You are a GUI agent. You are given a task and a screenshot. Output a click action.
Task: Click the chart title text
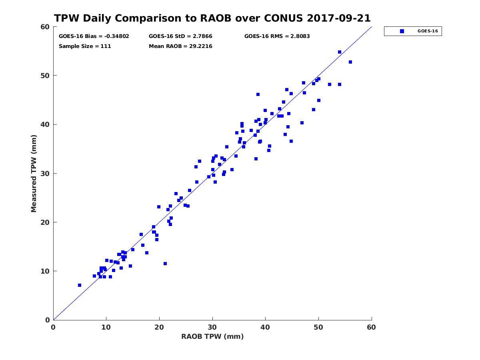pos(212,18)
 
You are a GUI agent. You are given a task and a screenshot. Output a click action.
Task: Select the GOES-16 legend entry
pos(413,31)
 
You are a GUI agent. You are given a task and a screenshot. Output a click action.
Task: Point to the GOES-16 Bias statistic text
pos(94,36)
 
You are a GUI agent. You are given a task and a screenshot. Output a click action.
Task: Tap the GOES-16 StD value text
pos(180,36)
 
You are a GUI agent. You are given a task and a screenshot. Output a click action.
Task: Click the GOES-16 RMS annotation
pos(277,36)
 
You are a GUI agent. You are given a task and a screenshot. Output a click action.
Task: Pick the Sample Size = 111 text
pos(85,46)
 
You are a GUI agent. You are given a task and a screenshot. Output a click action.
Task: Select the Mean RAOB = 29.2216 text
pos(180,46)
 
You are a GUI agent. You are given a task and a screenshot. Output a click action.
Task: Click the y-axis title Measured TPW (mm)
pos(34,173)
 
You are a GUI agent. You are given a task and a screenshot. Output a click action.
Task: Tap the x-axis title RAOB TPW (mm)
pos(212,336)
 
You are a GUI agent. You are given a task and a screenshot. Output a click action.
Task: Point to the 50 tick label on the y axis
pos(46,76)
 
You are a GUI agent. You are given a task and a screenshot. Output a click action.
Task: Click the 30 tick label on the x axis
pos(212,327)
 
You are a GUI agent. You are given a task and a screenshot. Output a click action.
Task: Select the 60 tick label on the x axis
pos(371,327)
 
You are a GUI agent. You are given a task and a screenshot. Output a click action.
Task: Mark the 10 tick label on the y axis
pos(46,271)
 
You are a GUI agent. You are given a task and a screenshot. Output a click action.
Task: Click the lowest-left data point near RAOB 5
pos(80,285)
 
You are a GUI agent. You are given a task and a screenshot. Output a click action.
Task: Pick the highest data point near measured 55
pos(340,52)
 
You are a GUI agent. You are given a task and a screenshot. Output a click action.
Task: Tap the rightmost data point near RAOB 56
pos(350,62)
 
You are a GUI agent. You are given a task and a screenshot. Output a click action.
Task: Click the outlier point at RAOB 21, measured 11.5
pos(165,264)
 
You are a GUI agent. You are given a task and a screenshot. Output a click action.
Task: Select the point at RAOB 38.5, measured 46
pos(258,94)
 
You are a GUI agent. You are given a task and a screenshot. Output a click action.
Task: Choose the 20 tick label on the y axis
pos(46,222)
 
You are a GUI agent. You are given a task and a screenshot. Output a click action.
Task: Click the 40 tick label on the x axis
pos(265,327)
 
